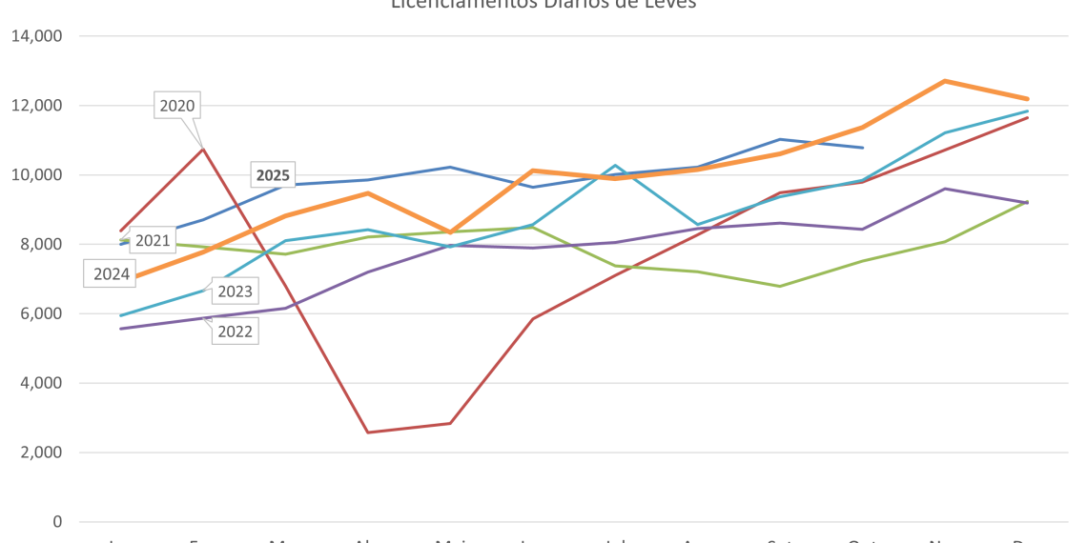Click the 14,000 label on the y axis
click(x=36, y=36)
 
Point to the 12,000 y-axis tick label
click(x=36, y=106)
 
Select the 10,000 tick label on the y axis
click(x=36, y=175)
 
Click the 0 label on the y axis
click(x=58, y=522)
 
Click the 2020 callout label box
click(x=177, y=106)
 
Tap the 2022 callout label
click(x=235, y=332)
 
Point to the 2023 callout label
click(x=235, y=292)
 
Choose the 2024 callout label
click(x=111, y=275)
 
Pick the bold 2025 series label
click(x=273, y=175)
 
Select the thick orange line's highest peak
click(x=943, y=81)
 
